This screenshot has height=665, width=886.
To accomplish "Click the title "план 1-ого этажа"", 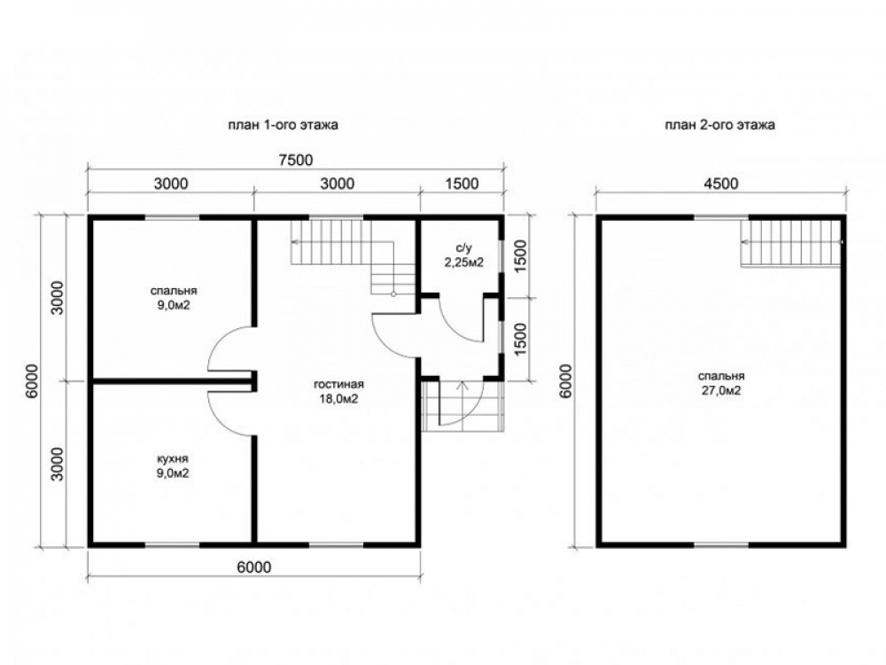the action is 284,125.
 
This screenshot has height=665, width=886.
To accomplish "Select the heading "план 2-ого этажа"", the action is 719,125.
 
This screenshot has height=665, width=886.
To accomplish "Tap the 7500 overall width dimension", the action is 296,160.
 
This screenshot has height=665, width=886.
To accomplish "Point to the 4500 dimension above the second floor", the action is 721,184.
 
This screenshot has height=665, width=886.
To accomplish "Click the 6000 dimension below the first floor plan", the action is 253,567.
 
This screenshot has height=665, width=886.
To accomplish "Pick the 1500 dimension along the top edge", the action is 462,184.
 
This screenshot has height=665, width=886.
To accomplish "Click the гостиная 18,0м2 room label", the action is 339,392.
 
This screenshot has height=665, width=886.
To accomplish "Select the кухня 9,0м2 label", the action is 173,466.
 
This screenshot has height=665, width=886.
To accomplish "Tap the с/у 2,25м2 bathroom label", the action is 463,255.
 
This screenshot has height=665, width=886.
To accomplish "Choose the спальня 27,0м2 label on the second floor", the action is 721,383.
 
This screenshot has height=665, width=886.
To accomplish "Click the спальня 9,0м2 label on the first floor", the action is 174,298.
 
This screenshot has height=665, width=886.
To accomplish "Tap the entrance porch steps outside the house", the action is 462,406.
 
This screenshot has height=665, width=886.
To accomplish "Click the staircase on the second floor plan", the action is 791,242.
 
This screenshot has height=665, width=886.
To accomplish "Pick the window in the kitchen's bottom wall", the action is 173,545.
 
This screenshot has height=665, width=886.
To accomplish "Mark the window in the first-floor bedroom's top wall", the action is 173,216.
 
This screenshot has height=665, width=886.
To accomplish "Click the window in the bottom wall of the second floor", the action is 721,545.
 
